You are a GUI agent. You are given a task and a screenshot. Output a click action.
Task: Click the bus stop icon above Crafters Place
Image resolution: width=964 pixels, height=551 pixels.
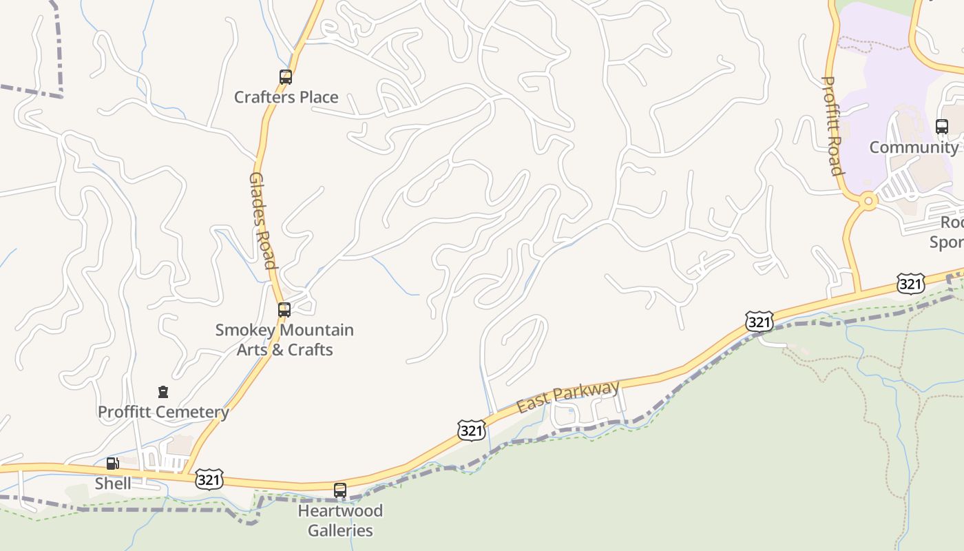point(286,77)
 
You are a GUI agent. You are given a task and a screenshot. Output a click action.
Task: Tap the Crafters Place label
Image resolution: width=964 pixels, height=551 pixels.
point(286,97)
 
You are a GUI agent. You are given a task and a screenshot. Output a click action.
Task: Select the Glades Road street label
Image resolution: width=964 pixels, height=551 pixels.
point(262,220)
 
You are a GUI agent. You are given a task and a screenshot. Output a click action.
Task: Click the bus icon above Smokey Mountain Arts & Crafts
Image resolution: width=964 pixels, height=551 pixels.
point(284,310)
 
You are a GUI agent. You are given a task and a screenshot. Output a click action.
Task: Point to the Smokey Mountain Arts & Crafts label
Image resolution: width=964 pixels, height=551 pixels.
point(284,340)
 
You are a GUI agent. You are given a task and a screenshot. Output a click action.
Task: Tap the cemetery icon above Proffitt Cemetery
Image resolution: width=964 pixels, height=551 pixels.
point(163,392)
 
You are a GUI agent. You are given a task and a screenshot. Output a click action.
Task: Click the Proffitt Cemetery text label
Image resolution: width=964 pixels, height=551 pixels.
point(163,412)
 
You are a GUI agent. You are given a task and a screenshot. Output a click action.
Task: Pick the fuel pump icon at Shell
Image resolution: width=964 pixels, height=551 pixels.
point(112,464)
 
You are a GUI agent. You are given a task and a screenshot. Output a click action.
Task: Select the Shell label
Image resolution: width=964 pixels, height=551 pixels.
point(113,484)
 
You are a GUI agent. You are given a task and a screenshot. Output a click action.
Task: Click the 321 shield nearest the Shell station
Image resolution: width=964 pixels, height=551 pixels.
point(209,479)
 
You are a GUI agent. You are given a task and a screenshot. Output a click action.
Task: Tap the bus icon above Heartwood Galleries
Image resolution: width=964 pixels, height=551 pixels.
point(340,490)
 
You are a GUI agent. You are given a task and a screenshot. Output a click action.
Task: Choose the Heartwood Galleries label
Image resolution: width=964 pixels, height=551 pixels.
point(340,521)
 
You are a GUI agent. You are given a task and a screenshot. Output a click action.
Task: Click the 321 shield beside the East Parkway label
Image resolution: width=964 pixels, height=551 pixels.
point(472,430)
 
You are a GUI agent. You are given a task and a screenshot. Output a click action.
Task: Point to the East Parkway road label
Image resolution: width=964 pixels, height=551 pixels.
point(568,397)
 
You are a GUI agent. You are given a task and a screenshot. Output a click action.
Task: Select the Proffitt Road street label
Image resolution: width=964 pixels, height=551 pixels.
point(832,125)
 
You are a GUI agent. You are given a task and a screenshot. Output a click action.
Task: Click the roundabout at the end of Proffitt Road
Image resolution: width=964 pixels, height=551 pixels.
point(868,202)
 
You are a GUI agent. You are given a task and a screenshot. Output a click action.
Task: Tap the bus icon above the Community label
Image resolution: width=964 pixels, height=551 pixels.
point(942,127)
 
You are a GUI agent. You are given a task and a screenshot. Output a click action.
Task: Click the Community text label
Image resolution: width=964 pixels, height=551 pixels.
point(913,147)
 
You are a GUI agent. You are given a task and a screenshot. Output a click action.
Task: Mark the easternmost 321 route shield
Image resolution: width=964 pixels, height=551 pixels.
point(910,283)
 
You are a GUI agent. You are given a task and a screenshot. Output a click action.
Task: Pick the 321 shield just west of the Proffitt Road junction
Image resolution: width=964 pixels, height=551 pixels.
point(759,321)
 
